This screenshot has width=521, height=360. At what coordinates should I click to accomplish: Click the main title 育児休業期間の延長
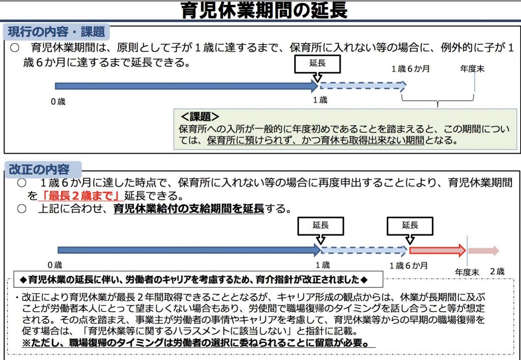pyautogui.click(x=264, y=11)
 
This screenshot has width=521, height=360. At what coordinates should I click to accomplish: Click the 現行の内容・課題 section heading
pyautogui.click(x=56, y=32)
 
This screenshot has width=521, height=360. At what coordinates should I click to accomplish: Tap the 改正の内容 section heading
pyautogui.click(x=39, y=170)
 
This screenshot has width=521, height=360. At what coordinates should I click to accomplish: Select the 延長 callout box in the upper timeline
pyautogui.click(x=317, y=64)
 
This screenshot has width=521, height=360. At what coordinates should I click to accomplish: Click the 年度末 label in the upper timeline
pyautogui.click(x=472, y=69)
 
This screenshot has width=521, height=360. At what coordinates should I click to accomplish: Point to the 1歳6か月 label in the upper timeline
pyautogui.click(x=411, y=69)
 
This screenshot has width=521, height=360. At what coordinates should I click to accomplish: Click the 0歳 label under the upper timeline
pyautogui.click(x=58, y=102)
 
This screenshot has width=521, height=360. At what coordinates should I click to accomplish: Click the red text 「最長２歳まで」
pyautogui.click(x=81, y=196)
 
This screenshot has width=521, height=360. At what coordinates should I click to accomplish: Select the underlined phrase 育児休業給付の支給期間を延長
pyautogui.click(x=189, y=209)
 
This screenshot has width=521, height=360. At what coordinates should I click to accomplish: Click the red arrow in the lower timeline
pyautogui.click(x=437, y=251)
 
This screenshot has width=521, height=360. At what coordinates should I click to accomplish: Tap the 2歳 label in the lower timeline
pyautogui.click(x=497, y=271)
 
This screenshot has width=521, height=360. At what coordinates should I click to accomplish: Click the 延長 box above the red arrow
pyautogui.click(x=410, y=226)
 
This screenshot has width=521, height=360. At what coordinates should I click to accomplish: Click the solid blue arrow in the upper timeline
pyautogui.click(x=187, y=87)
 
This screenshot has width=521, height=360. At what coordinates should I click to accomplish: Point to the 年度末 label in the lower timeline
pyautogui.click(x=467, y=272)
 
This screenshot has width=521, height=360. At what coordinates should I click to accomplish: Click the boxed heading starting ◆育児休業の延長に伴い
pyautogui.click(x=198, y=279)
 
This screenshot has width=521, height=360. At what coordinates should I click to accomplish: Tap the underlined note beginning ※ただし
pyautogui.click(x=198, y=343)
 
